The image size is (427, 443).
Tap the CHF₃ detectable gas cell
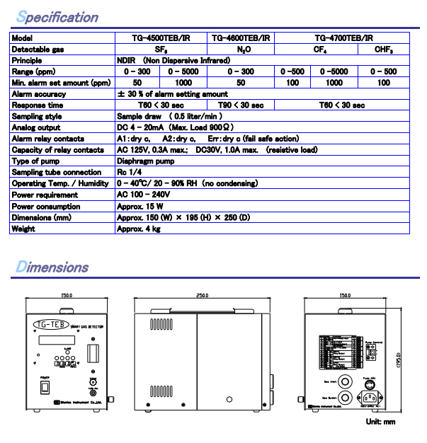384,50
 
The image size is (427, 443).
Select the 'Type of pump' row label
35,161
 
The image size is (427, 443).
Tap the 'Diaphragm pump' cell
144,161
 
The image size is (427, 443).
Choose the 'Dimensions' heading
52,267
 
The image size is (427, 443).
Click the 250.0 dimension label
203,295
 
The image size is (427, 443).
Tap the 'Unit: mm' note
381,422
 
